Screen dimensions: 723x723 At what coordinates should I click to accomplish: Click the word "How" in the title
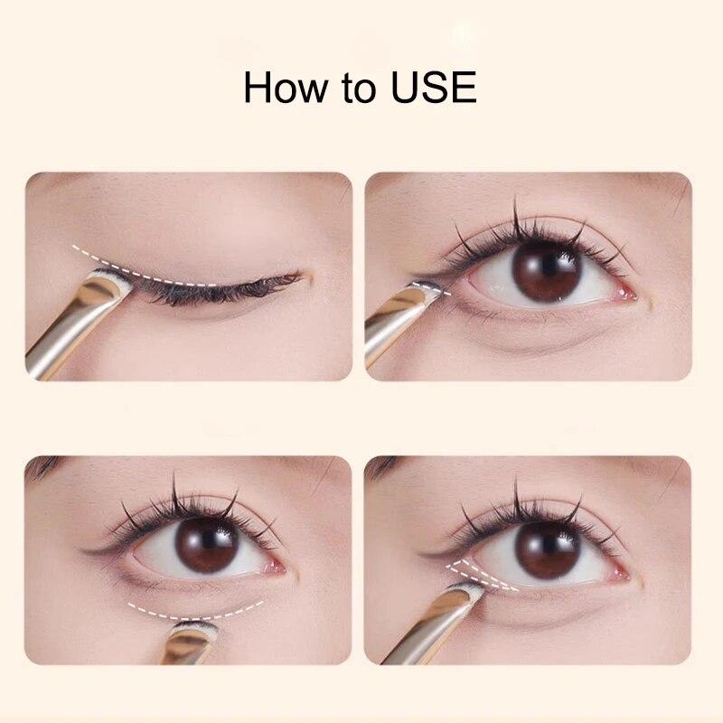pos(284,87)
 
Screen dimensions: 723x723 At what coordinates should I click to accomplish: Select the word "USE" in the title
pos(434,87)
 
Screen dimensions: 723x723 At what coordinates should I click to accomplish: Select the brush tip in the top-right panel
pos(427,289)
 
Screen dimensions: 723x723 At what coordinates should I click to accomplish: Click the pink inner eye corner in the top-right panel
pos(627,292)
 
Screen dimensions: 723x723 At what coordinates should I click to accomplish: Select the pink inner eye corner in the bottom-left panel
pos(277,566)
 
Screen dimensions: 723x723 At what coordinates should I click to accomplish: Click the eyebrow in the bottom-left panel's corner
pos(43,465)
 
